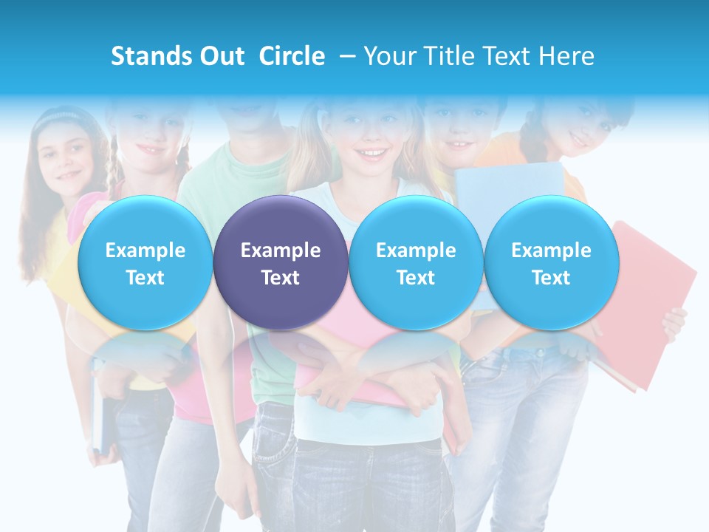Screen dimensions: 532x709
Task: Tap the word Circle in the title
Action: point(292,56)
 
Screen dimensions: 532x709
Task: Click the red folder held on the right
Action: point(654,296)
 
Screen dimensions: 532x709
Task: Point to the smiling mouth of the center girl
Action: point(374,154)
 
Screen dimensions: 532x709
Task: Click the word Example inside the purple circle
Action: point(281,250)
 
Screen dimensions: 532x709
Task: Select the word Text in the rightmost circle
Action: point(551,278)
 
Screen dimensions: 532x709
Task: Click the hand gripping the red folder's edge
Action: point(674,324)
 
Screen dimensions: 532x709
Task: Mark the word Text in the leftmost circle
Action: point(145,278)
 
